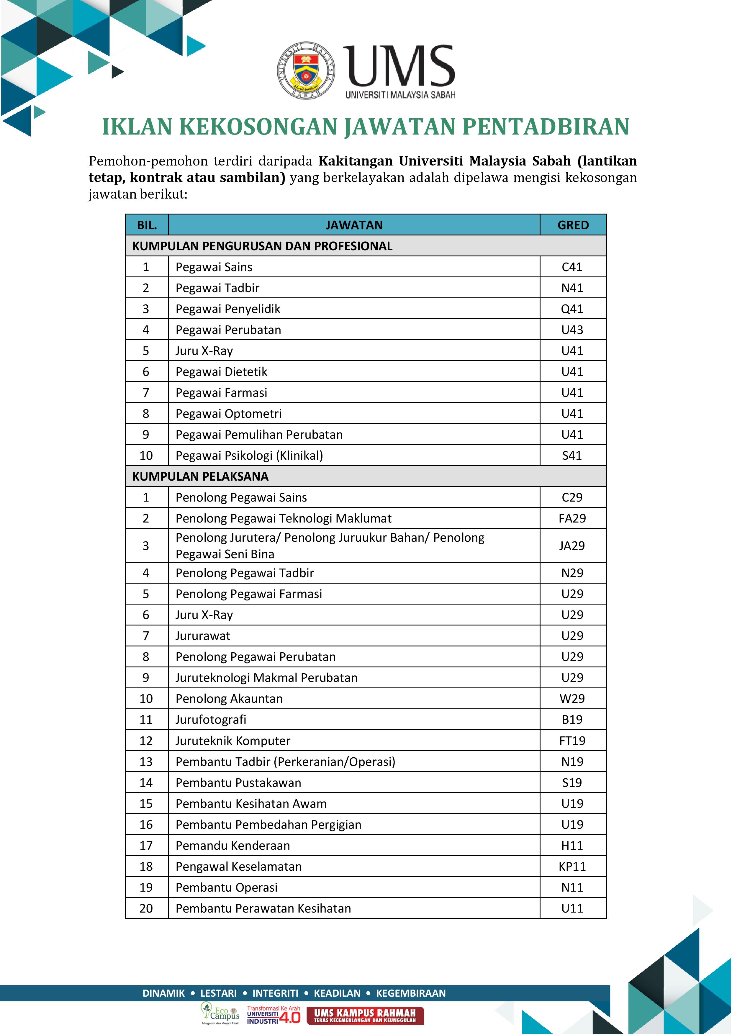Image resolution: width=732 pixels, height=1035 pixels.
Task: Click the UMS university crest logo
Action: pyautogui.click(x=306, y=71)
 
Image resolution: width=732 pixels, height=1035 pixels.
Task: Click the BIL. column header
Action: pyautogui.click(x=147, y=225)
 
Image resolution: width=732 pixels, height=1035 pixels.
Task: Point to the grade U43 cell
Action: pyautogui.click(x=572, y=330)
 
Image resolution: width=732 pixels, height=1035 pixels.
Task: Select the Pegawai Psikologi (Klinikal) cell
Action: pyautogui.click(x=249, y=455)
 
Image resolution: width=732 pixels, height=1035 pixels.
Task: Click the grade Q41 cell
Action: pyautogui.click(x=572, y=309)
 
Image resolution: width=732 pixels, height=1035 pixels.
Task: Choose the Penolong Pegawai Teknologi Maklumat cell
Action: pyautogui.click(x=284, y=518)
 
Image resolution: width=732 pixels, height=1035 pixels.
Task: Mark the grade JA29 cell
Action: pyautogui.click(x=572, y=546)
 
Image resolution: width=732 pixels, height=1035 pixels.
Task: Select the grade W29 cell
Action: pyautogui.click(x=572, y=698)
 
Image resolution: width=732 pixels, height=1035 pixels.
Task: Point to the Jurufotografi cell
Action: pyautogui.click(x=211, y=719)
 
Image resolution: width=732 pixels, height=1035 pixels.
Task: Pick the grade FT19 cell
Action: pyautogui.click(x=572, y=741)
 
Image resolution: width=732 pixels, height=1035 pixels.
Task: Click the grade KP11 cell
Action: pyautogui.click(x=572, y=867)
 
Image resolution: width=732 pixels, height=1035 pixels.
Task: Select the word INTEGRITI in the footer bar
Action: pyautogui.click(x=275, y=993)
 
